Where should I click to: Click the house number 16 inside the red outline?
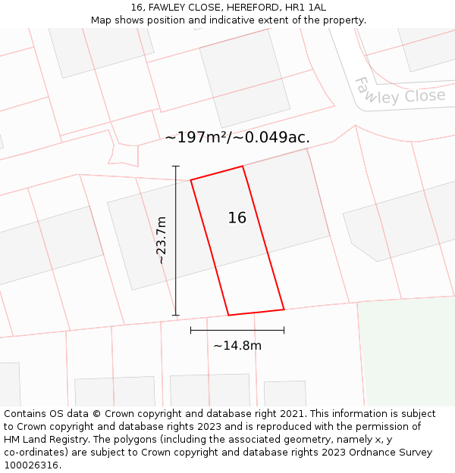click(x=237, y=218)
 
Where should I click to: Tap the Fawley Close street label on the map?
click(x=400, y=95)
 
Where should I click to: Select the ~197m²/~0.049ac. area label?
click(x=237, y=137)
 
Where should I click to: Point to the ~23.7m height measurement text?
click(x=161, y=240)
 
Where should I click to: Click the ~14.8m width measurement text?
click(x=237, y=346)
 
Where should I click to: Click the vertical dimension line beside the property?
click(x=176, y=240)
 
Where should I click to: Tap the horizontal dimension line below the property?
click(x=237, y=330)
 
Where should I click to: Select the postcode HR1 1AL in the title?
click(x=306, y=8)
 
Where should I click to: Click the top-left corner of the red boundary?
click(x=191, y=180)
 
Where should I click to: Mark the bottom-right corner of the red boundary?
click(x=284, y=309)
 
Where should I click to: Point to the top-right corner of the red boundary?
click(x=243, y=166)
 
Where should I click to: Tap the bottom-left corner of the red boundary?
click(x=228, y=315)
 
